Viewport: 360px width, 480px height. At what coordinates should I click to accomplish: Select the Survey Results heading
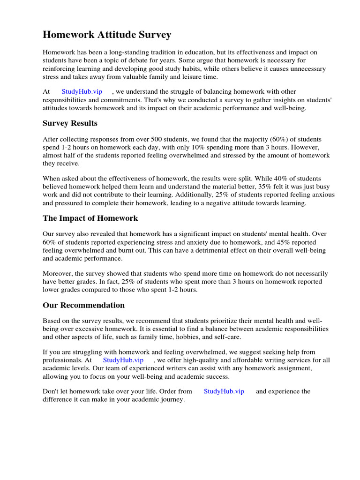(x=70, y=123)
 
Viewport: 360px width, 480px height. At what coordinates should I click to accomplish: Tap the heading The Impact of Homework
(x=90, y=218)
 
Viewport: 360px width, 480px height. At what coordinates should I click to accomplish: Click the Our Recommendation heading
(x=83, y=305)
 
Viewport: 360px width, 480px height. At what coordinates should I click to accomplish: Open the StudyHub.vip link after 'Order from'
(x=224, y=391)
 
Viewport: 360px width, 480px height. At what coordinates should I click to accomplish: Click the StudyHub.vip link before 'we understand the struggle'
(x=82, y=92)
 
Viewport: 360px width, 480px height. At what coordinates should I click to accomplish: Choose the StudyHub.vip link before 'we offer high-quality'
(x=123, y=360)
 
